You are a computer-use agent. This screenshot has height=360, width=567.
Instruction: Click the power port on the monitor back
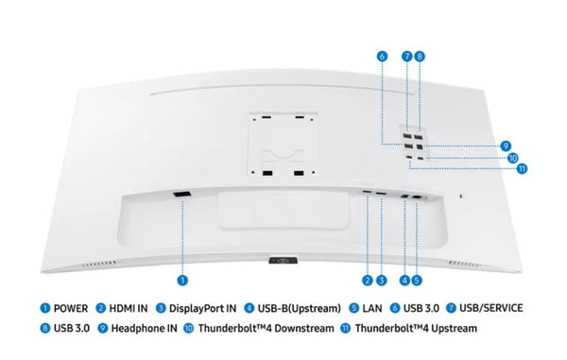click(181, 195)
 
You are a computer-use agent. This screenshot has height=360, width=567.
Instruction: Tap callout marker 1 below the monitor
click(182, 280)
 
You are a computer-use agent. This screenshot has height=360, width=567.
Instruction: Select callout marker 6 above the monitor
click(382, 57)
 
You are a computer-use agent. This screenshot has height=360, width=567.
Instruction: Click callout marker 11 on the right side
click(522, 168)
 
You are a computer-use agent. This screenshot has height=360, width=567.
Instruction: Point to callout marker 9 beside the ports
click(506, 146)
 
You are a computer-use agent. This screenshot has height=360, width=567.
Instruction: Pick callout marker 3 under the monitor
click(381, 280)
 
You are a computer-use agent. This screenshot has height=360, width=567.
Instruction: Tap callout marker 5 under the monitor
click(417, 280)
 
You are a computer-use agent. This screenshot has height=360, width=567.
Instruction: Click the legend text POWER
click(71, 309)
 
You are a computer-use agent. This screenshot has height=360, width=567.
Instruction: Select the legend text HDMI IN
click(129, 309)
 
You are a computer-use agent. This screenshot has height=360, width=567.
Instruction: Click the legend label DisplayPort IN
click(202, 309)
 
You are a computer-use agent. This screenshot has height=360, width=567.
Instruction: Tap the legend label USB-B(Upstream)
click(300, 309)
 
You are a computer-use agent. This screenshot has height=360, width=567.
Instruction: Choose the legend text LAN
click(372, 309)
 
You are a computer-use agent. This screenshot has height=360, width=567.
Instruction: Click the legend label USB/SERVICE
click(491, 308)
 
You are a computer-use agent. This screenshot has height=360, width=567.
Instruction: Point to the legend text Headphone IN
click(145, 328)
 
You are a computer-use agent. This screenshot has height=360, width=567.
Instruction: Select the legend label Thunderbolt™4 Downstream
click(266, 328)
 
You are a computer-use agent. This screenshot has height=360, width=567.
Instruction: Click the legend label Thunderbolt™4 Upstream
click(416, 328)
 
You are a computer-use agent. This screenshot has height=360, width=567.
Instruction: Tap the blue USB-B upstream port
click(404, 197)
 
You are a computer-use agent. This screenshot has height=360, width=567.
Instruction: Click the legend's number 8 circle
click(44, 328)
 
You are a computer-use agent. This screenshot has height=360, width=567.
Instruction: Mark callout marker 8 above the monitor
click(419, 57)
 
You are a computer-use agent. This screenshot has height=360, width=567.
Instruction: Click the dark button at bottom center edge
click(283, 260)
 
